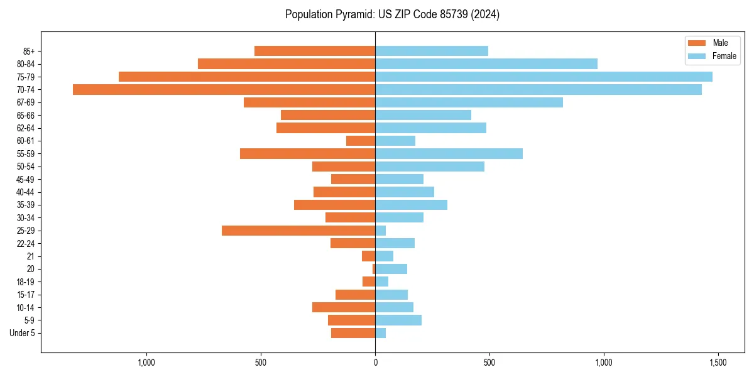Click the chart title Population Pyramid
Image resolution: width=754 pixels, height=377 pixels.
click(392, 14)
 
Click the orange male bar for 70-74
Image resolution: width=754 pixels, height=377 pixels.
click(224, 90)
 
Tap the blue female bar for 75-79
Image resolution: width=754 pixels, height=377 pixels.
click(544, 77)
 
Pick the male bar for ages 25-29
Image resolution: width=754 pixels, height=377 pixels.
click(298, 231)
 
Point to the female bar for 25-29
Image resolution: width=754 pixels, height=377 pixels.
click(381, 231)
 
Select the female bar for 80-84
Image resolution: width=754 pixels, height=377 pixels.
click(486, 64)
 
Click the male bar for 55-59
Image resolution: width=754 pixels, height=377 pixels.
click(307, 154)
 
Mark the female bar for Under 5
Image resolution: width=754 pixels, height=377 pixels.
click(381, 333)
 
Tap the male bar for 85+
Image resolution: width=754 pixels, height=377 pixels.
click(315, 51)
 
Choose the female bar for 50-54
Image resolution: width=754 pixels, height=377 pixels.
click(430, 167)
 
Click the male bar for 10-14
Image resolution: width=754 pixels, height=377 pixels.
click(344, 307)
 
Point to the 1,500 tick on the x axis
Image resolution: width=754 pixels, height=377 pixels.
click(718, 363)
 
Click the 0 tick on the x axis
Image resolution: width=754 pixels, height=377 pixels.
click(375, 363)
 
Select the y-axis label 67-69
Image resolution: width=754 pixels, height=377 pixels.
click(26, 102)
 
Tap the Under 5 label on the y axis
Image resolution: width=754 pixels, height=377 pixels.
click(22, 333)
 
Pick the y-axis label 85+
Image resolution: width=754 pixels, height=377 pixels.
click(30, 51)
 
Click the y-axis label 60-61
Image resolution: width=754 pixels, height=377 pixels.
click(26, 141)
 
